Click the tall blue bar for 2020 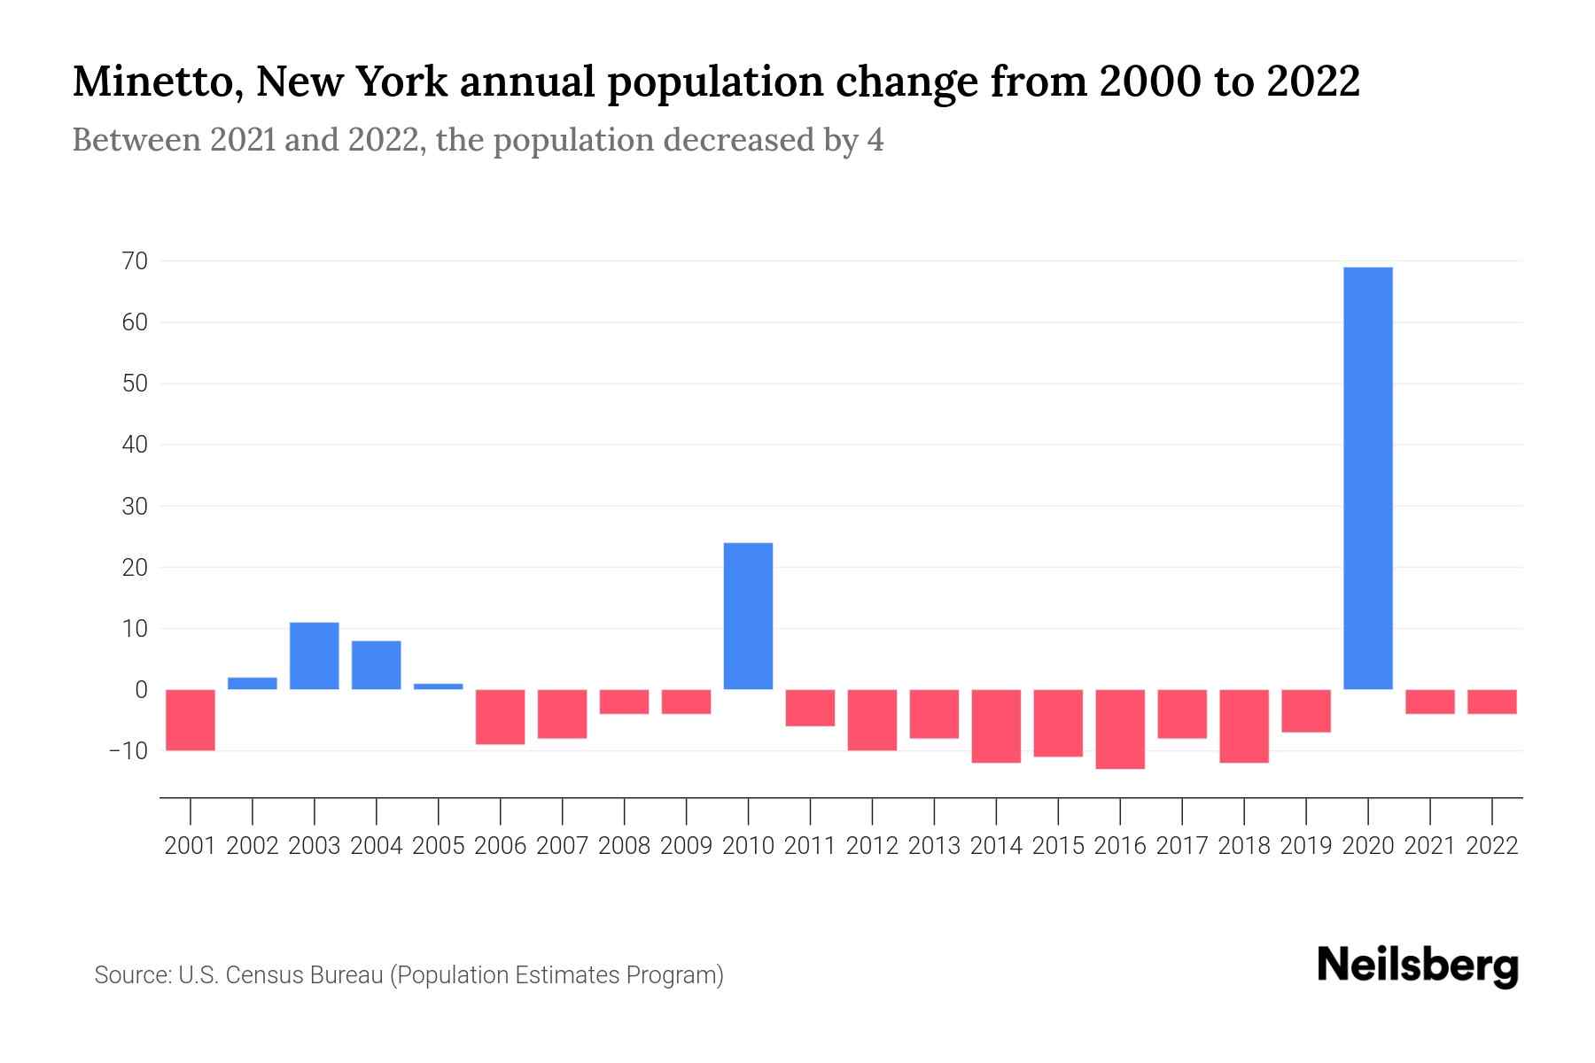pos(1368,478)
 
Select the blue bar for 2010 pos(748,616)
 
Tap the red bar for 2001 pos(191,719)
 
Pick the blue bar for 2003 pos(315,656)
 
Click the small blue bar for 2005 pos(439,686)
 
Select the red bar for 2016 pos(1120,728)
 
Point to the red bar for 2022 pos(1492,702)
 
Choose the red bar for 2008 pos(624,702)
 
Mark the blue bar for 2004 pos(377,664)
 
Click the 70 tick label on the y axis pos(136,261)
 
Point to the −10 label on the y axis pos(128,750)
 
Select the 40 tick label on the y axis pos(135,445)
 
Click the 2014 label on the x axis pos(996,846)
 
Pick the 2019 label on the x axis pos(1306,846)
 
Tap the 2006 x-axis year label pos(501,846)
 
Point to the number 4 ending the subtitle pos(875,140)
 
